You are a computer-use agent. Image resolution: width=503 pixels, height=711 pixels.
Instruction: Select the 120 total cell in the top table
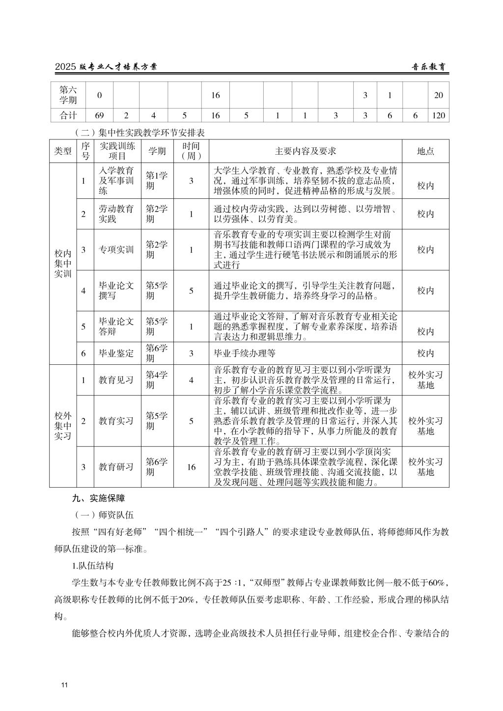(x=439, y=115)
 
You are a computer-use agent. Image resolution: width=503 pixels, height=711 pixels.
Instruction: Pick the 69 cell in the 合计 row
(x=99, y=115)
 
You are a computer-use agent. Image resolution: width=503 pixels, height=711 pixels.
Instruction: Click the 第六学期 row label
(x=68, y=95)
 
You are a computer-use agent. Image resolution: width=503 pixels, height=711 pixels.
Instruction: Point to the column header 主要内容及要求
(x=306, y=151)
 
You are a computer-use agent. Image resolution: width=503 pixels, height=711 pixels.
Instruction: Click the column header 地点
(x=425, y=151)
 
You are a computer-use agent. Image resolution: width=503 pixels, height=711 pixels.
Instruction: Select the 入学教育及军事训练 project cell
(x=116, y=181)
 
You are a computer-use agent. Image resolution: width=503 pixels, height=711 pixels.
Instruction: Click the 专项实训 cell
(x=116, y=250)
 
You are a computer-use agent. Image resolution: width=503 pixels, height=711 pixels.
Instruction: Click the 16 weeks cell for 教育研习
(x=191, y=466)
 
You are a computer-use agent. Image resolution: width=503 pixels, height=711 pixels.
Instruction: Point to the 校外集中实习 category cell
(x=63, y=426)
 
